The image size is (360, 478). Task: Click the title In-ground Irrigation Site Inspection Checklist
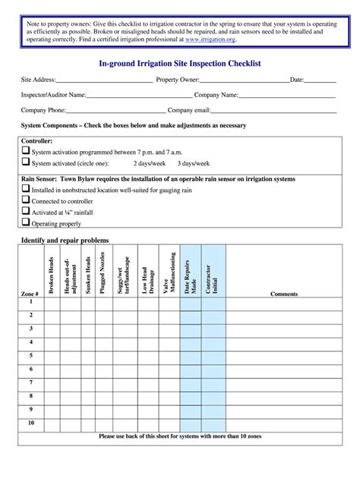pyautogui.click(x=180, y=64)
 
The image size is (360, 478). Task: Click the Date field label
pyautogui.click(x=297, y=80)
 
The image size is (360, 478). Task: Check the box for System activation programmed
pyautogui.click(x=26, y=152)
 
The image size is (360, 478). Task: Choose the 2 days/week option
pyautogui.click(x=150, y=163)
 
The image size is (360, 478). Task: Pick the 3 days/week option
pyautogui.click(x=194, y=163)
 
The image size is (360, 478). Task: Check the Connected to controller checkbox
pyautogui.click(x=26, y=201)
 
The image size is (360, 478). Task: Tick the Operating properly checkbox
pyautogui.click(x=26, y=223)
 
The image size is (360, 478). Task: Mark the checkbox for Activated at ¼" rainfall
pyautogui.click(x=26, y=212)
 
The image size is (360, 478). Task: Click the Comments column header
pyautogui.click(x=283, y=294)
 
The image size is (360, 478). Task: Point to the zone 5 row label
pyautogui.click(x=31, y=355)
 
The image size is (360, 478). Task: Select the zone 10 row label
pyautogui.click(x=31, y=423)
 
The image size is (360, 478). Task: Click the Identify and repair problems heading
pyautogui.click(x=64, y=241)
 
